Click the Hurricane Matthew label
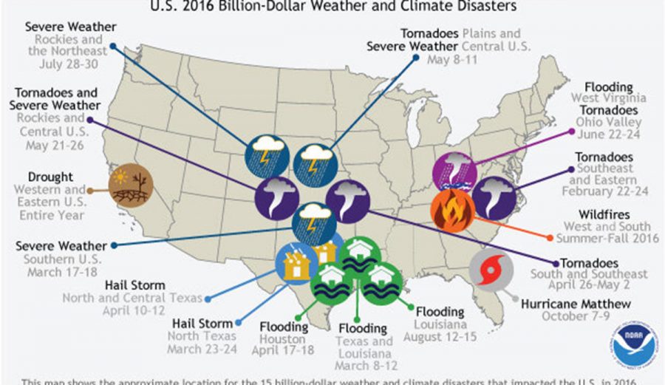pyautogui.click(x=576, y=304)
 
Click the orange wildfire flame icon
pyautogui.click(x=452, y=211)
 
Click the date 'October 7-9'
pyautogui.click(x=566, y=317)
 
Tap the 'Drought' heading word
pyautogui.click(x=51, y=177)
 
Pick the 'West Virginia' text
pyautogui.click(x=609, y=98)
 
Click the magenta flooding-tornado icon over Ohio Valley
pyautogui.click(x=454, y=171)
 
